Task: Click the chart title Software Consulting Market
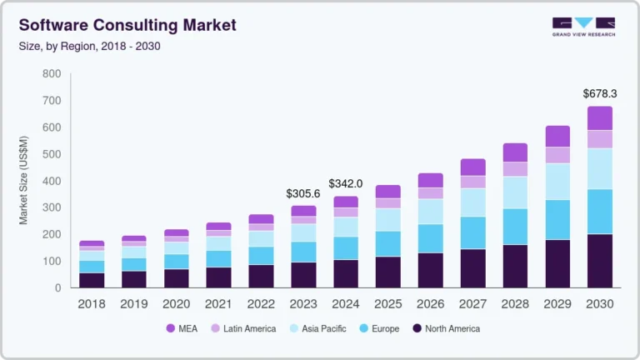127,25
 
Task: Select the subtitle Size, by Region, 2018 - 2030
90,46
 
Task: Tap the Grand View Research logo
583,27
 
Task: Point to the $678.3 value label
599,94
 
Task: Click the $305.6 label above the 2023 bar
303,193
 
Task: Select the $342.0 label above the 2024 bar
346,183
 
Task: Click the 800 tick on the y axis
52,74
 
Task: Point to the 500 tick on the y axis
52,154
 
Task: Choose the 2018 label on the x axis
92,304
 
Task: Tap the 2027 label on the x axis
472,304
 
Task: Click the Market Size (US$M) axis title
24,181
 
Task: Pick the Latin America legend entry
244,328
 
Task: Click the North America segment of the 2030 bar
599,261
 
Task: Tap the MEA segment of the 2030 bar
599,118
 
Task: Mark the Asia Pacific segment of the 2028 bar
515,192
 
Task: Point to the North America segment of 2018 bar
92,280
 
